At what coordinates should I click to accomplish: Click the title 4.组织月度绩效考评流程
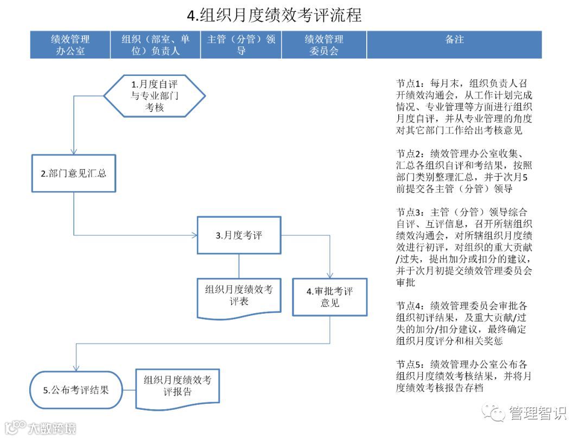click(274, 15)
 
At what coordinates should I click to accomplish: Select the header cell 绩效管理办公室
click(70, 45)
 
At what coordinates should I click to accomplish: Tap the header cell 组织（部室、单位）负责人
click(155, 45)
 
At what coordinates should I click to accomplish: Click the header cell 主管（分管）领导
click(241, 45)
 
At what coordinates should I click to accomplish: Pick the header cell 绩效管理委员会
click(324, 45)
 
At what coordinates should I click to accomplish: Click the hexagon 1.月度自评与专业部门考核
click(155, 96)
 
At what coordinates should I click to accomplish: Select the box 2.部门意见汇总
click(74, 173)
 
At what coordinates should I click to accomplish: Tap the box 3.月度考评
click(239, 235)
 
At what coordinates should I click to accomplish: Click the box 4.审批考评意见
click(329, 297)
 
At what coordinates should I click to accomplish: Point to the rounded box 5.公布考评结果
click(75, 390)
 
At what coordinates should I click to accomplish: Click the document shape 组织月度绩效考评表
click(239, 296)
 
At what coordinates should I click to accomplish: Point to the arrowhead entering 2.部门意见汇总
click(74, 151)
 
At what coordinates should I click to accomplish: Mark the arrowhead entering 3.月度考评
click(194, 235)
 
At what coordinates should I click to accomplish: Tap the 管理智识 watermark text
click(537, 414)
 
